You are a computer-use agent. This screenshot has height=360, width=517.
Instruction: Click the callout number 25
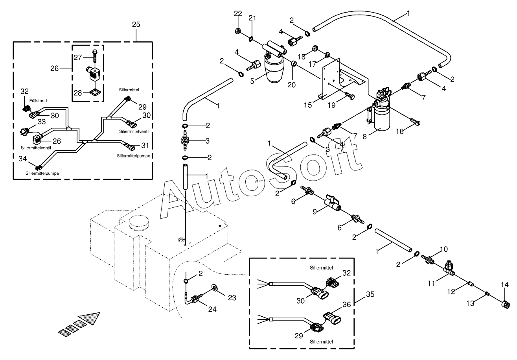136,24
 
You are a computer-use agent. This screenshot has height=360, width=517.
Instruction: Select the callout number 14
504,284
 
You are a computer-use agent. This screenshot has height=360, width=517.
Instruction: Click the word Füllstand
38,101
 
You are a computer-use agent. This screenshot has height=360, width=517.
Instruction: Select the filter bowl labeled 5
274,71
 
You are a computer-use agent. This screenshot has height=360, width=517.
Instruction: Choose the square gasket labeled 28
94,93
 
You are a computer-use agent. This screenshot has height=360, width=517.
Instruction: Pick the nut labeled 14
504,304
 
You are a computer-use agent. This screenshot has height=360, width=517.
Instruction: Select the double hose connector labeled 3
184,141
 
